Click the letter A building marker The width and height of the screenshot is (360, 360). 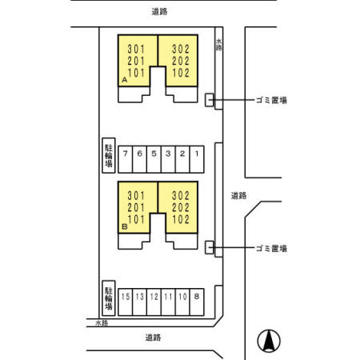pyautogui.click(x=125, y=82)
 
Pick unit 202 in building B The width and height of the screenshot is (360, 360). pyautogui.click(x=181, y=206)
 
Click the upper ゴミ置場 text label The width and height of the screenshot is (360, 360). pyautogui.click(x=271, y=100)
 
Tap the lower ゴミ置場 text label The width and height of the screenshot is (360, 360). pyautogui.click(x=271, y=249)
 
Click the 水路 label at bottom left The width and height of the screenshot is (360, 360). pyautogui.click(x=100, y=323)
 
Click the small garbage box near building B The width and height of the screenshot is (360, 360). pyautogui.click(x=210, y=247)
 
